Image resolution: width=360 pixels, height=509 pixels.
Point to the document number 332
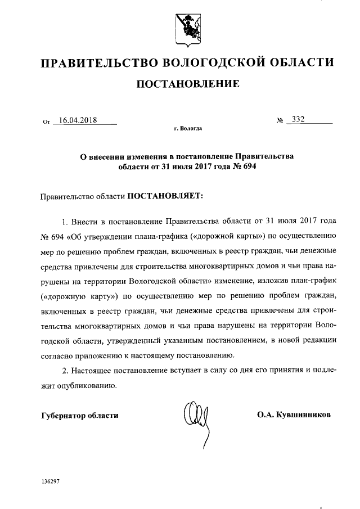(296, 120)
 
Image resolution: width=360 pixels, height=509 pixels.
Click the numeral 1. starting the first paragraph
(65, 218)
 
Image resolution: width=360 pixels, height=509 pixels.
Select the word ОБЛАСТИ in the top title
(303, 62)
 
